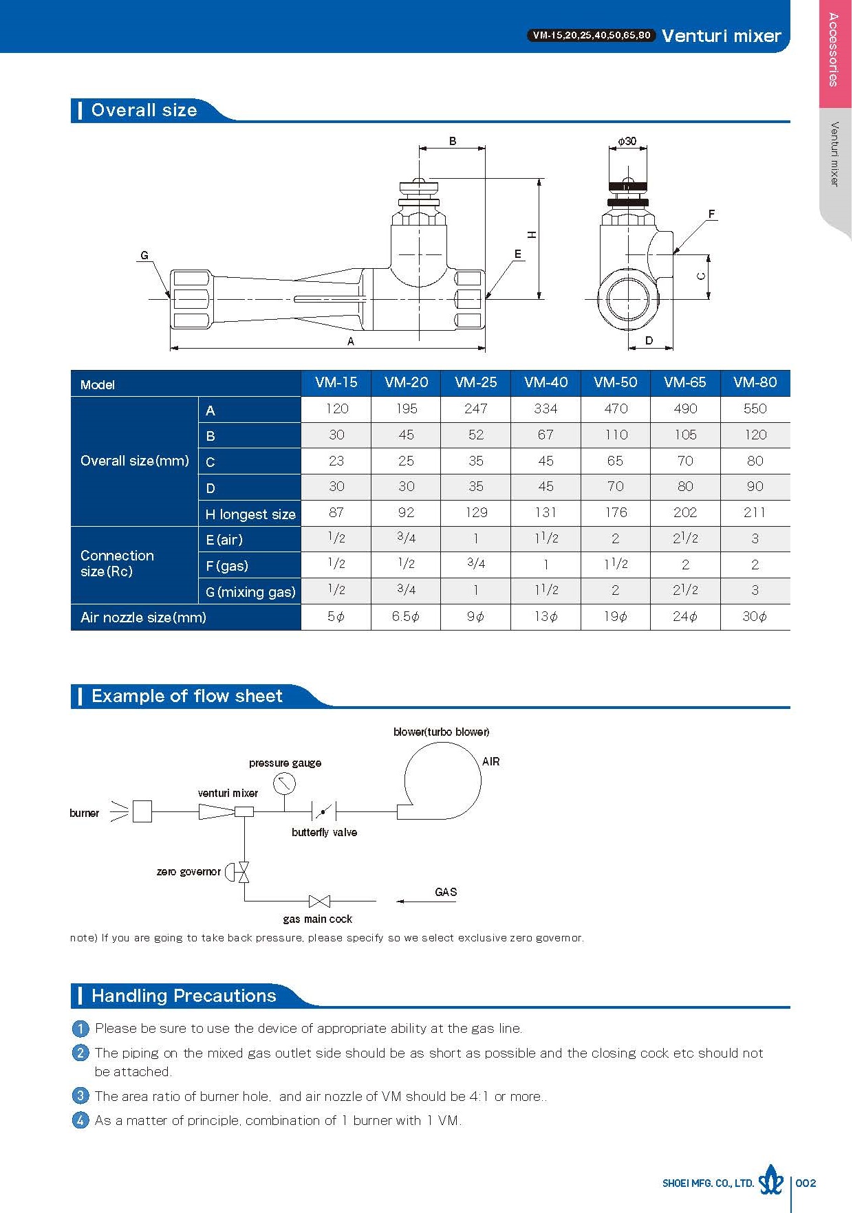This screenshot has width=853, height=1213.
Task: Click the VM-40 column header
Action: click(546, 382)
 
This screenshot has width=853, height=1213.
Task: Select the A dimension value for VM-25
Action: click(475, 408)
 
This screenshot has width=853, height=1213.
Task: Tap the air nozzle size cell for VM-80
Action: click(755, 617)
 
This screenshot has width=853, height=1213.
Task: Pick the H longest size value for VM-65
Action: click(684, 512)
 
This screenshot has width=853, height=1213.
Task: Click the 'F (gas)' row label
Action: click(227, 566)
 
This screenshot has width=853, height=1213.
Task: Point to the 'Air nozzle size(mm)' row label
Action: click(143, 618)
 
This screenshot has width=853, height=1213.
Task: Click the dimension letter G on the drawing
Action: click(144, 255)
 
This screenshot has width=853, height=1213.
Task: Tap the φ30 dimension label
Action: click(627, 141)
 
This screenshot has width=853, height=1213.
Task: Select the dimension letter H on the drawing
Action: click(532, 234)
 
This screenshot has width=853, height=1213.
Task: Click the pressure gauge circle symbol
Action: click(283, 783)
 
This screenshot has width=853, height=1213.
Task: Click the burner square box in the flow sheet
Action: click(142, 812)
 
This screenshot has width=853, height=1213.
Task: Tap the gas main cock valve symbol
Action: click(319, 901)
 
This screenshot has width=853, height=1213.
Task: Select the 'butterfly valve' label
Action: click(324, 833)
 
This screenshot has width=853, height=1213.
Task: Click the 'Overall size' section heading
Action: click(144, 110)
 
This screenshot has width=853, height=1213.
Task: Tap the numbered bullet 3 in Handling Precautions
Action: click(80, 1095)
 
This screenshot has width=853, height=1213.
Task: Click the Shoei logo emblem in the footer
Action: click(770, 1182)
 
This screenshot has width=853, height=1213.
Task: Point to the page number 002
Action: click(806, 1183)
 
